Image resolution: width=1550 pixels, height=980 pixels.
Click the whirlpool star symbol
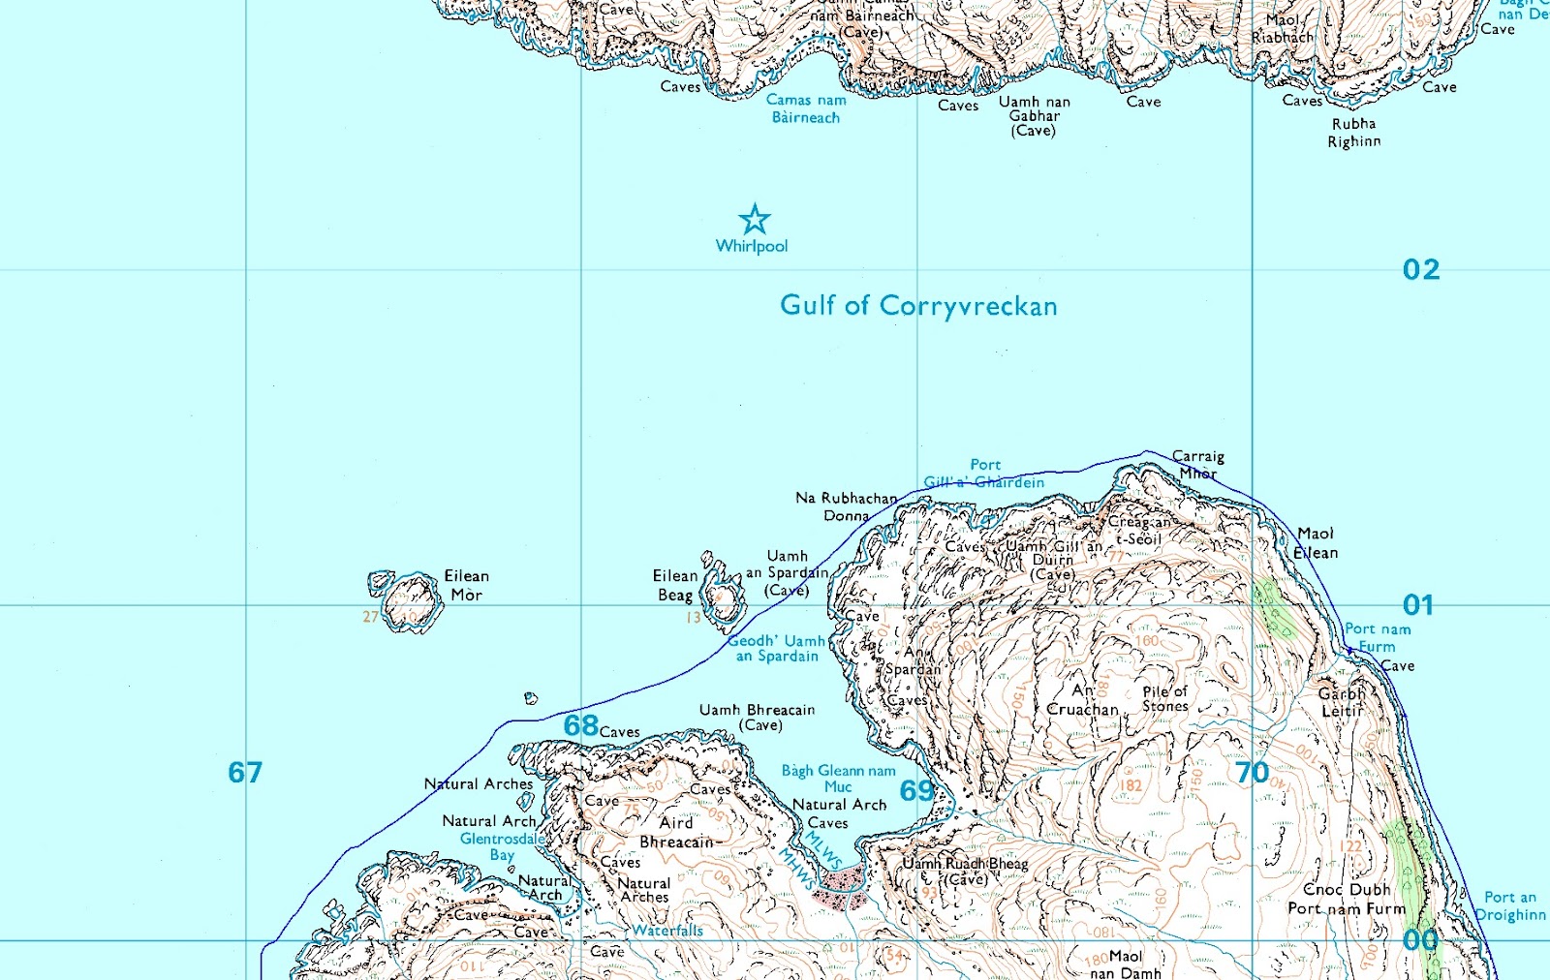point(755,220)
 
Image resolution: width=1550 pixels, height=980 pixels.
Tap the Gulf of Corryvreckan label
point(918,306)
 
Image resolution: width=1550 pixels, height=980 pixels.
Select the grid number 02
point(1420,269)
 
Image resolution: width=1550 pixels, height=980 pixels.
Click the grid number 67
point(245,772)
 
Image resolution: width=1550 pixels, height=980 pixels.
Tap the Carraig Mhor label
point(1198,465)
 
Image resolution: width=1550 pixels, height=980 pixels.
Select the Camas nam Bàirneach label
point(806,108)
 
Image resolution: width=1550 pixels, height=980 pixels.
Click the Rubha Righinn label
point(1354,133)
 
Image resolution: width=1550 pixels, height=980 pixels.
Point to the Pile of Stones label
point(1164,698)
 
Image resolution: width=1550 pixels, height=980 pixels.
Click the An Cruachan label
point(1083,700)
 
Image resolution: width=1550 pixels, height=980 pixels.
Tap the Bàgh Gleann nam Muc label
point(839,779)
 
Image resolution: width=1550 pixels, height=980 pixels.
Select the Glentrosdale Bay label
point(502,846)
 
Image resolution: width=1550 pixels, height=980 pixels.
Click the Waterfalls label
point(667,931)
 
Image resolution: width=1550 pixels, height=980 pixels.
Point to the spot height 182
point(1131,785)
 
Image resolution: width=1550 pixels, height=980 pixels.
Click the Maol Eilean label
point(1316,543)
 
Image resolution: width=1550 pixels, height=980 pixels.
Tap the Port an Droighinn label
point(1510,906)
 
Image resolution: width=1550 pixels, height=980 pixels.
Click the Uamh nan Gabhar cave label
point(1034,116)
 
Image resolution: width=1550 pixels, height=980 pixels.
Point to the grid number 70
point(1252,773)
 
